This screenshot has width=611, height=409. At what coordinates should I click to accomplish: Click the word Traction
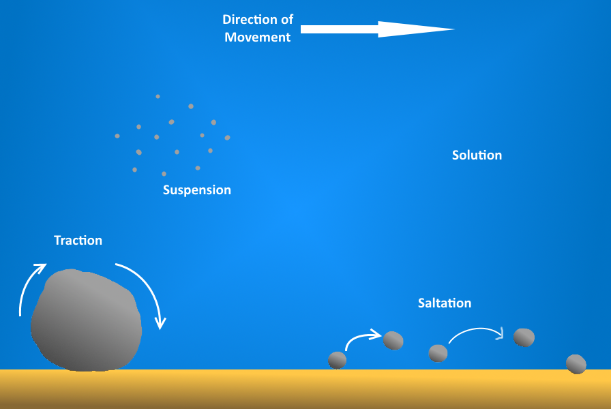(x=78, y=241)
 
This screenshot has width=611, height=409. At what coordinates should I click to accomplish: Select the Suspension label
(x=196, y=190)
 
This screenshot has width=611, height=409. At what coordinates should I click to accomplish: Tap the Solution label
(x=477, y=155)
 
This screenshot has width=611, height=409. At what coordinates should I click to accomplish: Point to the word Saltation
(x=445, y=303)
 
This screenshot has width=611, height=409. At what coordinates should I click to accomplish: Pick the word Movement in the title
(x=258, y=37)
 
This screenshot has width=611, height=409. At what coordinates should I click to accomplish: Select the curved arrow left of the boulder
(x=31, y=286)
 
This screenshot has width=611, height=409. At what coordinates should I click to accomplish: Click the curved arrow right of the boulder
(x=146, y=290)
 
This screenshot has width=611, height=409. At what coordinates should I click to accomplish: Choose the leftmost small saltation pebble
(x=338, y=360)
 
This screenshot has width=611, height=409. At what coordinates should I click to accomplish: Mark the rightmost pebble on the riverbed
(x=576, y=364)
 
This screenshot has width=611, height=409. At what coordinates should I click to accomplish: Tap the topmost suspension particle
(x=158, y=97)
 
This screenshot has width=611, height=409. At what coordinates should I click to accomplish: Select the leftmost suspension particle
(x=117, y=136)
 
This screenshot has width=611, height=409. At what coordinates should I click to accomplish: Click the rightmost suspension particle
(x=227, y=138)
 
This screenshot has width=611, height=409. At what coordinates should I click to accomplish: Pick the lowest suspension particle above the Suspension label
(x=164, y=174)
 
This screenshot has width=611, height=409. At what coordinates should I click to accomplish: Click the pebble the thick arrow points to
(x=393, y=340)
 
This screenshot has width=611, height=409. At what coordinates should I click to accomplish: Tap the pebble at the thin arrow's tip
(x=524, y=337)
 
